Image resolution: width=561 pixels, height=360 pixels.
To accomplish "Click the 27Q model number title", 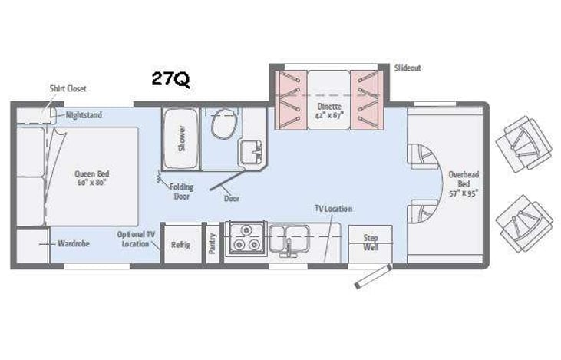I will click(x=170, y=80).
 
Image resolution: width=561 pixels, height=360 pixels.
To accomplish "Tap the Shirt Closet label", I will click(x=68, y=89).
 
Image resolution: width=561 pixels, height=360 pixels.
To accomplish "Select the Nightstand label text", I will click(x=84, y=115).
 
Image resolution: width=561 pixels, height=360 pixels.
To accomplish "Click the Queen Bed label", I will click(x=91, y=178).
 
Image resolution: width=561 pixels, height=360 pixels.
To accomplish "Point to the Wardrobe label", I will click(x=74, y=243).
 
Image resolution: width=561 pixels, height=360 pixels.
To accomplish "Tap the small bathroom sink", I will click(x=250, y=150).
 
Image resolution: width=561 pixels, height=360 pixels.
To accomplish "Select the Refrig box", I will click(x=180, y=245).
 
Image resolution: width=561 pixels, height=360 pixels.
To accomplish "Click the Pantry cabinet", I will click(x=212, y=243).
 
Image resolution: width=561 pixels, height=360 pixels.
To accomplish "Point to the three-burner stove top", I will click(x=244, y=237).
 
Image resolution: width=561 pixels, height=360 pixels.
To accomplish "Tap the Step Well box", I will click(x=370, y=243).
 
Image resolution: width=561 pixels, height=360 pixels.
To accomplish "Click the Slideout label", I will click(x=408, y=68).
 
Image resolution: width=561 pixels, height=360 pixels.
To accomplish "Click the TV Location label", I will click(x=334, y=209).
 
